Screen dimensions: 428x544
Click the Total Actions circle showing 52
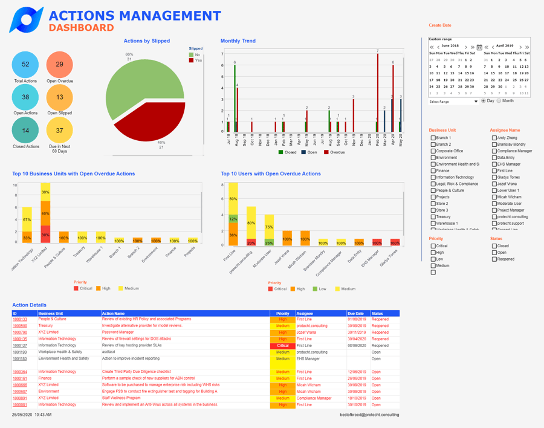click(x=25, y=65)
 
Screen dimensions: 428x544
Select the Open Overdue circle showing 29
click(x=59, y=65)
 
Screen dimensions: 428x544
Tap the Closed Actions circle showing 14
click(x=25, y=131)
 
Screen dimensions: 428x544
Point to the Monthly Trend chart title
click(x=238, y=41)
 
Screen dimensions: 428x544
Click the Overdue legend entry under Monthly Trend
click(x=334, y=152)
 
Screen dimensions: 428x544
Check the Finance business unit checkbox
click(x=433, y=170)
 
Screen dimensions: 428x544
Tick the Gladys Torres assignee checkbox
click(x=494, y=177)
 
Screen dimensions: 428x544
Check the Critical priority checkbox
click(x=433, y=246)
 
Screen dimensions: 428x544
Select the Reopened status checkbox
click(x=494, y=259)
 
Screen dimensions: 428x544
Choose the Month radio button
click(x=499, y=101)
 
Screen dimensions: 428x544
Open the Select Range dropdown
click(x=453, y=102)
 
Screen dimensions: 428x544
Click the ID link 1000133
click(x=20, y=319)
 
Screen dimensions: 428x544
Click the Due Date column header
click(x=356, y=314)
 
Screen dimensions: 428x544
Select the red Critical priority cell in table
click(x=282, y=346)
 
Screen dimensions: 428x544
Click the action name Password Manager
click(x=118, y=332)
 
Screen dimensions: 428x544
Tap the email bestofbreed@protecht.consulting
click(x=369, y=415)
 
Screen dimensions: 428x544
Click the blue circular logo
click(x=26, y=20)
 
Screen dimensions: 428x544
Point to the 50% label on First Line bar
click(x=233, y=199)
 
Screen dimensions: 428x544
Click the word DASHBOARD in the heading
click(x=81, y=28)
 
